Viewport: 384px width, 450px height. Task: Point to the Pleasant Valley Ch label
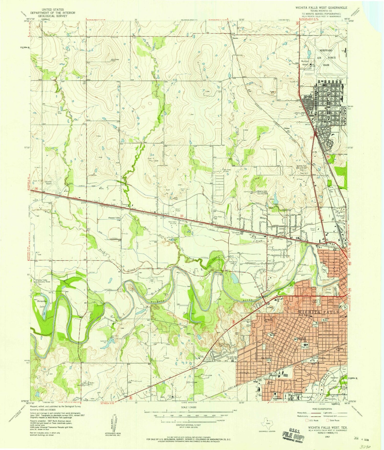click(114, 219)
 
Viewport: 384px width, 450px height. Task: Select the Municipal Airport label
click(305, 63)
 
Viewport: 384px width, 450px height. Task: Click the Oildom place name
click(287, 128)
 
